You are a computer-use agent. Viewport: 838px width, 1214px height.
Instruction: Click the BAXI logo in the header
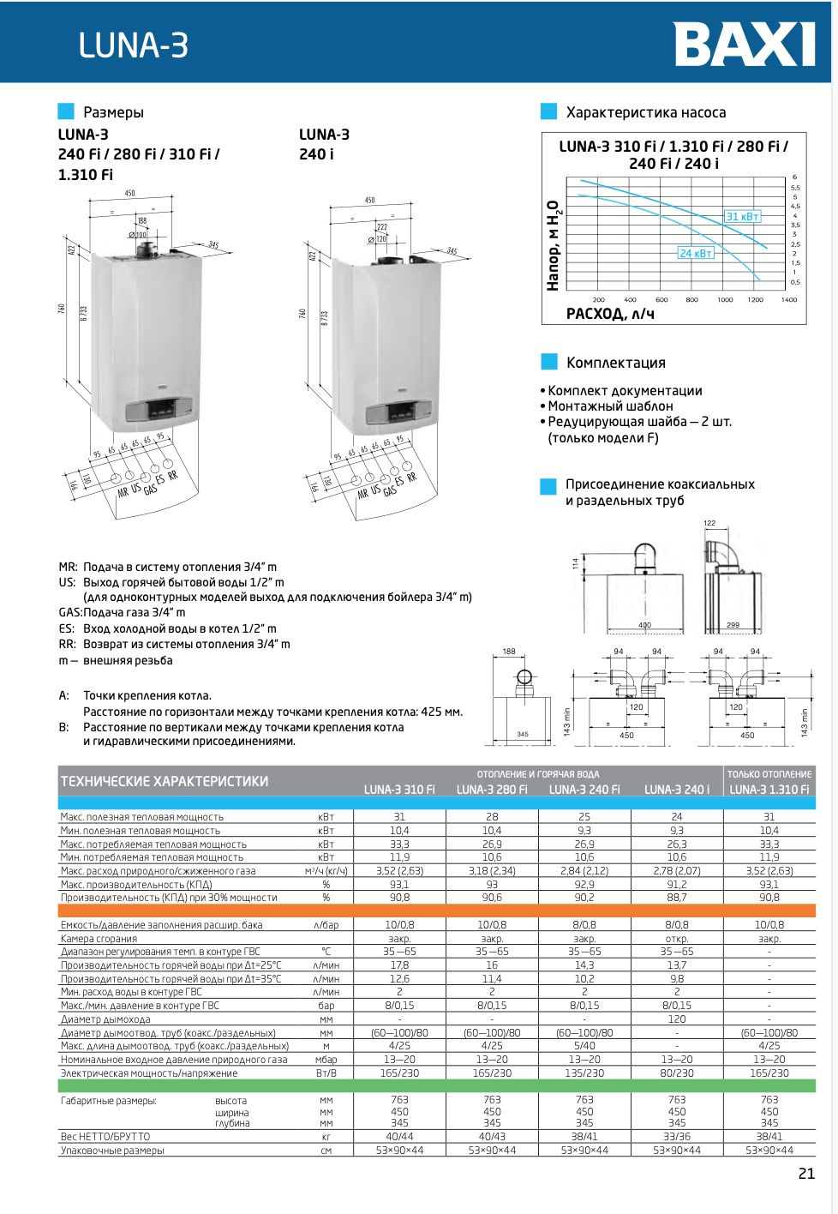point(744,45)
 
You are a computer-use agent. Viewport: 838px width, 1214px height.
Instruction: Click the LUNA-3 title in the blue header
point(133,45)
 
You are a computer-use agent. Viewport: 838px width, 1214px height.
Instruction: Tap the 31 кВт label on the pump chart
point(742,217)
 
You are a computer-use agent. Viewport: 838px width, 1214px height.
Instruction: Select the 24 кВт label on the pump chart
point(695,253)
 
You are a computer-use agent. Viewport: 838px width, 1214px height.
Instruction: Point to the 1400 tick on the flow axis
point(788,300)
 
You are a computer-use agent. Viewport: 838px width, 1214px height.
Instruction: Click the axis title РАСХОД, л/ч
point(609,315)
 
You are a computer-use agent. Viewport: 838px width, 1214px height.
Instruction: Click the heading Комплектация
point(615,363)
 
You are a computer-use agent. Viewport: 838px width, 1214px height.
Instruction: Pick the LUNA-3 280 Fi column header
point(492,790)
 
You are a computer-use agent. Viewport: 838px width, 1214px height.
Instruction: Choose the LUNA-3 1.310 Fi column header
point(769,790)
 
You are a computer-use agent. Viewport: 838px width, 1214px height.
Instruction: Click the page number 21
point(806,1174)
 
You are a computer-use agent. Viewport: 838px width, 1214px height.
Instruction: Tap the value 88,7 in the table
point(677,898)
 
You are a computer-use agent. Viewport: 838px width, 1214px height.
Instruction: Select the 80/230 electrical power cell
point(677,1073)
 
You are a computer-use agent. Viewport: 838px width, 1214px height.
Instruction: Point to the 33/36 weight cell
point(677,1137)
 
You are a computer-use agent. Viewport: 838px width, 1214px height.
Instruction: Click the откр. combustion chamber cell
point(677,939)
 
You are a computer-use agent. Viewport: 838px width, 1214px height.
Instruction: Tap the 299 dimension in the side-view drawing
point(733,625)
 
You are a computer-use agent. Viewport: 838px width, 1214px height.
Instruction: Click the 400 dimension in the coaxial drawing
point(644,625)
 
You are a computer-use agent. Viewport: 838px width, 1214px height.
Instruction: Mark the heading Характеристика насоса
point(645,112)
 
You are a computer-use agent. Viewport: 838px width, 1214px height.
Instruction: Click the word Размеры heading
point(113,112)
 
